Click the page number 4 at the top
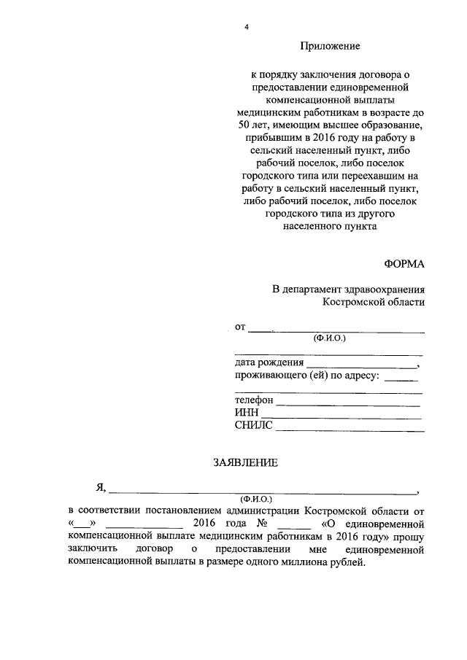(247, 28)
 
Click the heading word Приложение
(331, 47)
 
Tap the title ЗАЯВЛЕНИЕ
(245, 462)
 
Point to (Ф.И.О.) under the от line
(329, 338)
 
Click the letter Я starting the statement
(101, 489)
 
